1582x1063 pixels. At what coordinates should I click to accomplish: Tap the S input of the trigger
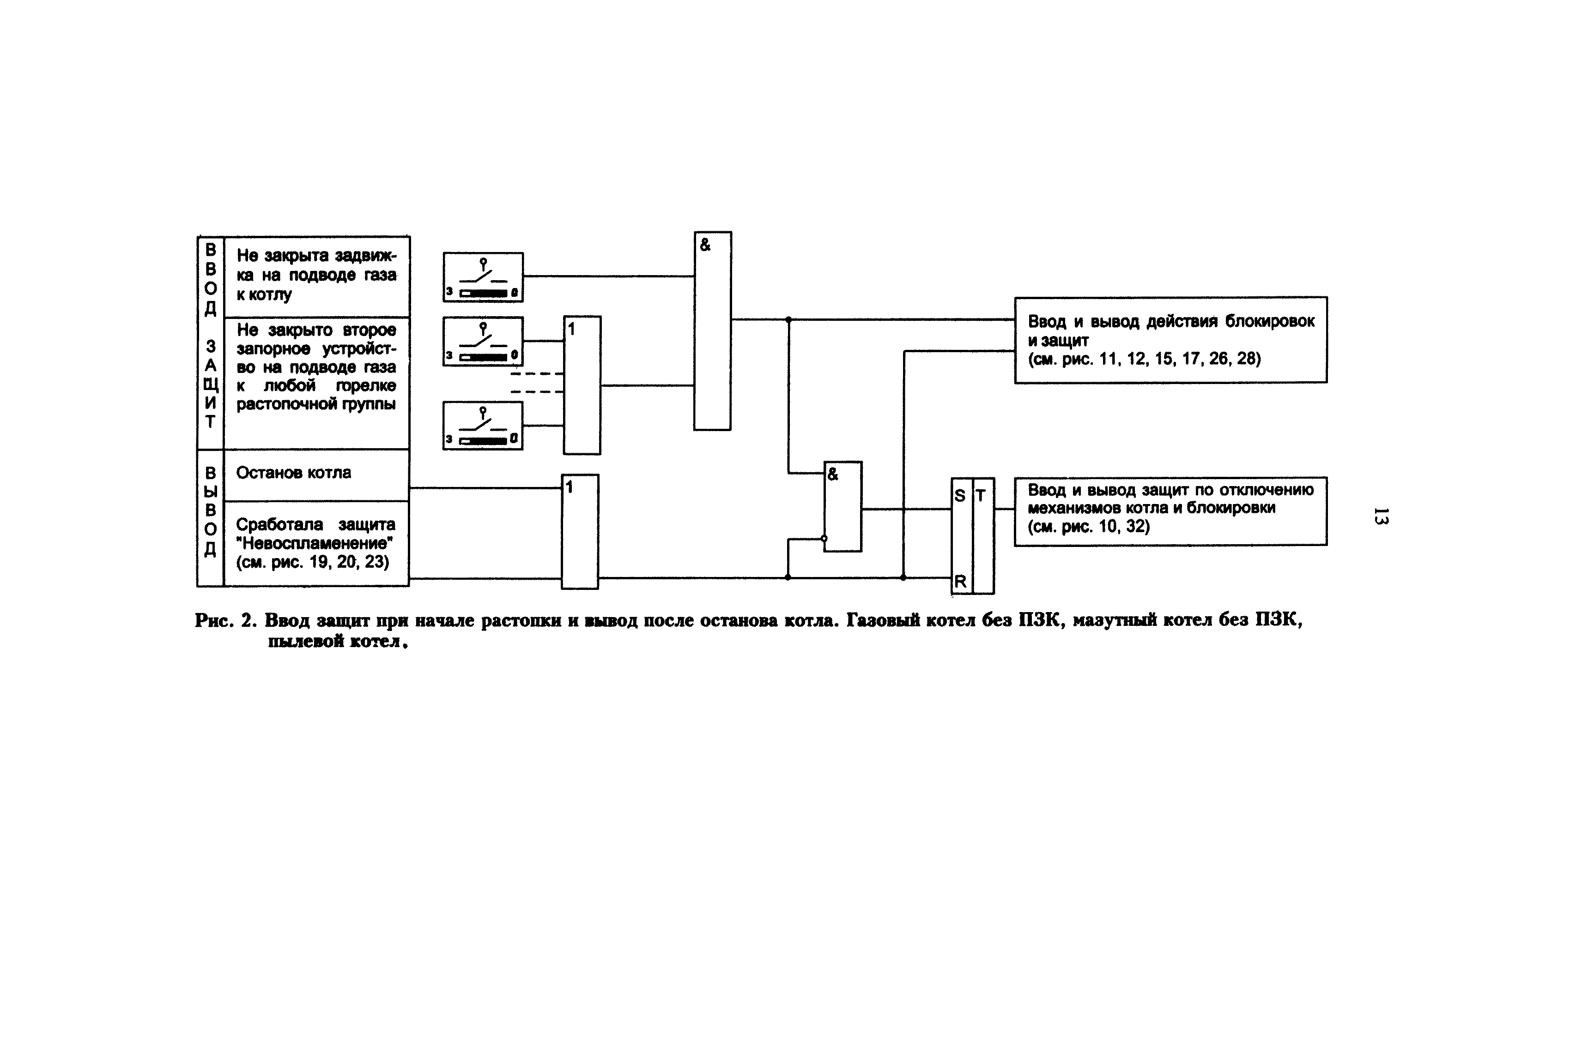point(959,496)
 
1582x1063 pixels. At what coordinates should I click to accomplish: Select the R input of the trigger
point(960,581)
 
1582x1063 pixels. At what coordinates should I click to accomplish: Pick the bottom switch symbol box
point(483,426)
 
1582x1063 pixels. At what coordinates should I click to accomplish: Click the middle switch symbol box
point(483,341)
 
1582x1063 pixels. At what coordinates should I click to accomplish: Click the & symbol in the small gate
point(833,474)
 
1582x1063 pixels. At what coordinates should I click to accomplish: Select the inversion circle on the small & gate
point(824,538)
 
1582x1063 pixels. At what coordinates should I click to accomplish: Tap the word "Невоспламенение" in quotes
point(315,543)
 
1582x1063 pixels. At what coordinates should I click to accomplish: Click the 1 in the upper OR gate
point(571,330)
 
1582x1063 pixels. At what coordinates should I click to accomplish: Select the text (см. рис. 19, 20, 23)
point(312,562)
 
